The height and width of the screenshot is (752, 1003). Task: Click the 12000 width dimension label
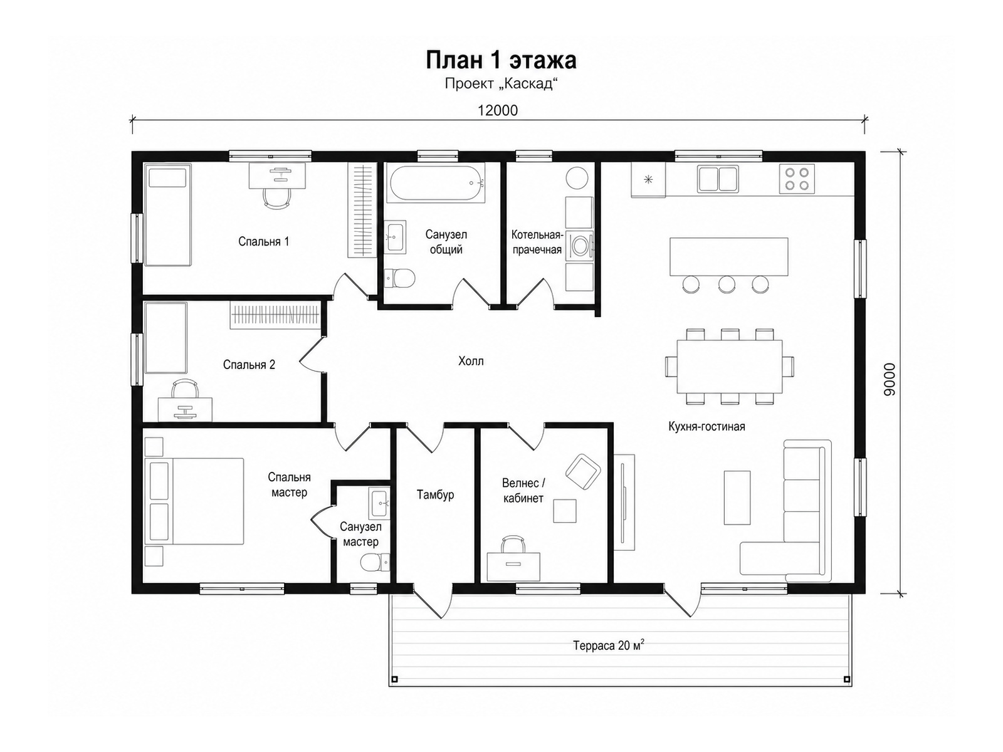tap(498, 110)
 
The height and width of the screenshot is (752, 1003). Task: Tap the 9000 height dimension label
tap(890, 379)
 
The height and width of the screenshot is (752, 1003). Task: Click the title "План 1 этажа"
tap(501, 60)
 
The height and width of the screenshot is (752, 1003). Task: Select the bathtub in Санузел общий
tap(436, 183)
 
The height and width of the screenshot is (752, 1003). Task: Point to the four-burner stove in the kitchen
tap(797, 179)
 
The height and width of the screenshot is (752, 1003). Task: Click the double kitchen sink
tap(718, 179)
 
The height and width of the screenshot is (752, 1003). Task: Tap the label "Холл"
tap(471, 361)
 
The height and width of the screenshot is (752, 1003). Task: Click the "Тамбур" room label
tap(435, 495)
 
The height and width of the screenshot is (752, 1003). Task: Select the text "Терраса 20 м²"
tap(609, 645)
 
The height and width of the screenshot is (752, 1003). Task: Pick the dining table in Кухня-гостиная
tap(729, 366)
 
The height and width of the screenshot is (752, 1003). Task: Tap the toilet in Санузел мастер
tap(375, 562)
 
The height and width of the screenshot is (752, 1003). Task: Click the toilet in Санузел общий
tap(399, 278)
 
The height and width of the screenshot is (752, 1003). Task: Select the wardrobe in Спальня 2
tap(275, 315)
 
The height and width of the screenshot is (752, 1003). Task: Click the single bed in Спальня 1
tap(168, 215)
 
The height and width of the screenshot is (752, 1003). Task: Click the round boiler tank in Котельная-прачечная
tap(577, 178)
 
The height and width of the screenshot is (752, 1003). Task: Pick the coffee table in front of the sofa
tap(737, 498)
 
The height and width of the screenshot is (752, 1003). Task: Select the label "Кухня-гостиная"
tap(706, 427)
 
